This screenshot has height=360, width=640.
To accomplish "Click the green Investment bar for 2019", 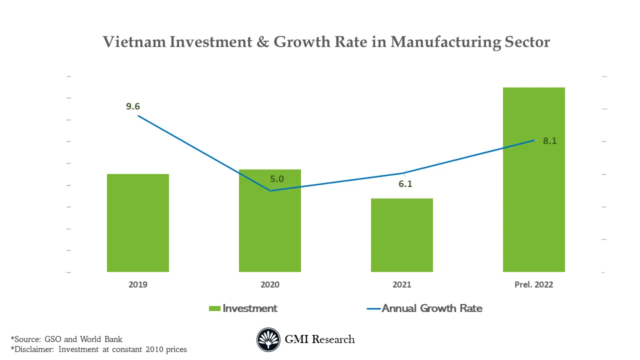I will [x=138, y=223].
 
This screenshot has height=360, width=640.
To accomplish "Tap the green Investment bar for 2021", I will [x=402, y=235].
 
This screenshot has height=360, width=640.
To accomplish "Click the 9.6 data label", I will [x=133, y=106].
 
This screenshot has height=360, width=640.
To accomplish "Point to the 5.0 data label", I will [x=276, y=179].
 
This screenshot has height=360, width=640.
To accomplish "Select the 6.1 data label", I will [x=405, y=184].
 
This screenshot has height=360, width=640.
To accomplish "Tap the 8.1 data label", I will [x=550, y=141].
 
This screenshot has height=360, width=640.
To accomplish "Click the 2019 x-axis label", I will [x=138, y=284].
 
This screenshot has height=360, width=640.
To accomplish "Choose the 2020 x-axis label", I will [x=270, y=284].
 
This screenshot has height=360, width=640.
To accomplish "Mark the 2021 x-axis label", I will [x=402, y=284].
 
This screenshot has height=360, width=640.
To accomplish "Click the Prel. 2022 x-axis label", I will [x=533, y=284].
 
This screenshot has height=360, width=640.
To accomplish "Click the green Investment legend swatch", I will [x=214, y=308].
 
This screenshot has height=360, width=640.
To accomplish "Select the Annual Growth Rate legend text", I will [x=432, y=308].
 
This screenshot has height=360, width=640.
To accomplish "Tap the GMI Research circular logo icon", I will [x=268, y=339].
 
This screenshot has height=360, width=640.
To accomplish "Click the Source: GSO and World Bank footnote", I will [x=66, y=339].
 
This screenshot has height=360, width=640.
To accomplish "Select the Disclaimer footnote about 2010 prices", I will [x=98, y=349].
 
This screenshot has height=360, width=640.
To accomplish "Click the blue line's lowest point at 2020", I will [x=270, y=190].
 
